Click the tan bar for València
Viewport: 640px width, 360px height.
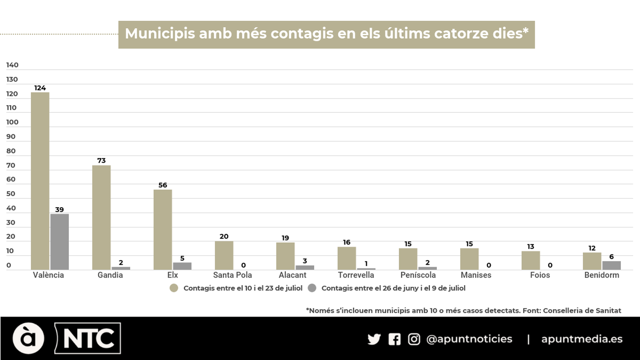pos(40,181)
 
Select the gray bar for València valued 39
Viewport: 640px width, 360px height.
pos(60,242)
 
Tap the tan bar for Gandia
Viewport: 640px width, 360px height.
pos(101,217)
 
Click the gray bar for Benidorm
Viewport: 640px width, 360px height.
pos(611,265)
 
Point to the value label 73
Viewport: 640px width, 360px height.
pos(101,160)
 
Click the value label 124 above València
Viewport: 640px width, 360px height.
pos(40,88)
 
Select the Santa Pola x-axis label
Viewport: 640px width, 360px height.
pos(232,275)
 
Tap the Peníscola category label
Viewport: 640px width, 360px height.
pos(418,275)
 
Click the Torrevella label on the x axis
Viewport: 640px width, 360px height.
pos(356,275)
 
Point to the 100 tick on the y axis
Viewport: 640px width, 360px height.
pos(12,122)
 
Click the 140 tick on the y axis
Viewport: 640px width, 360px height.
pos(12,65)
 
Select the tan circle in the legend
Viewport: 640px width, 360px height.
pos(174,288)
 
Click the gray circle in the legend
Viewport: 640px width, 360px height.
pos(312,288)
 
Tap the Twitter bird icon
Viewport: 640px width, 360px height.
pos(374,339)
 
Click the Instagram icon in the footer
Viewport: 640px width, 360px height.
pos(414,339)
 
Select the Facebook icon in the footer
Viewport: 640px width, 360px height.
pos(394,339)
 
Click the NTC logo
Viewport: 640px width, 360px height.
pos(88,338)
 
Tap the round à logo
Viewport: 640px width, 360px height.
pos(28,338)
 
